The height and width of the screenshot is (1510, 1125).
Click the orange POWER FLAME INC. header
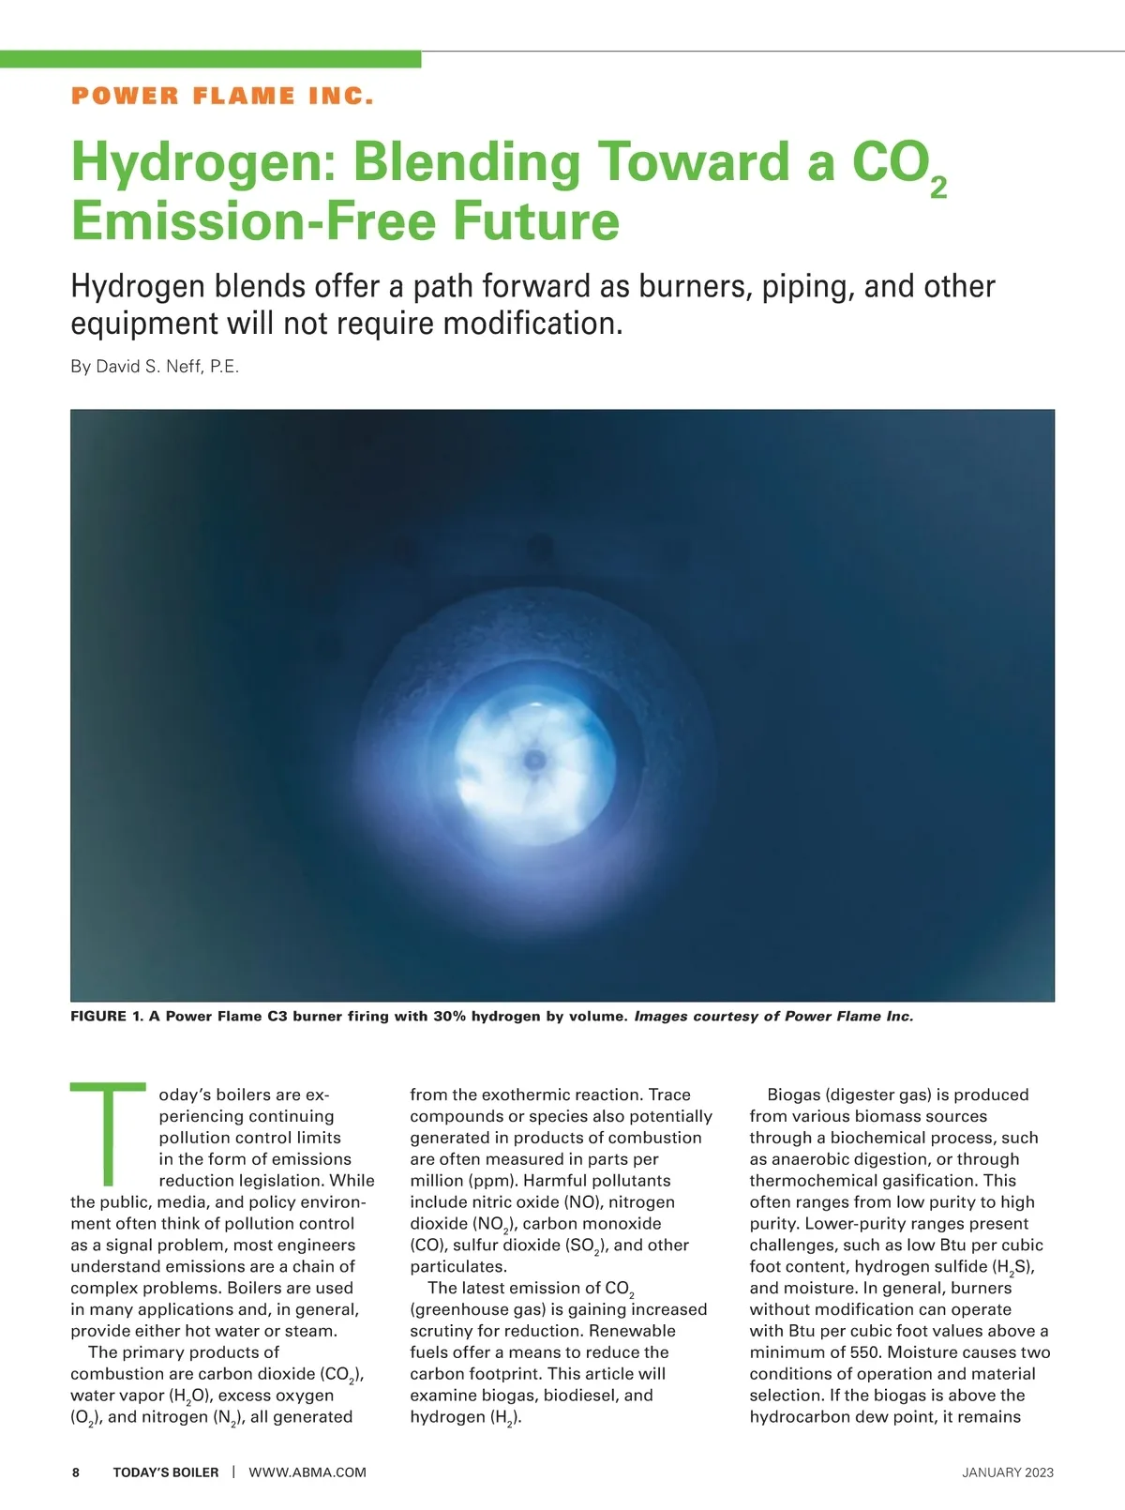[x=222, y=96]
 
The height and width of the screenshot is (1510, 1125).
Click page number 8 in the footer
[x=76, y=1472]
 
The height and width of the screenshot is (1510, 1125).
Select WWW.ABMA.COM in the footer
[x=307, y=1472]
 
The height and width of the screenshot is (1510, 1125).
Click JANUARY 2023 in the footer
[x=1008, y=1472]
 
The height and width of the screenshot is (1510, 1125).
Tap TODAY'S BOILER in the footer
[x=166, y=1472]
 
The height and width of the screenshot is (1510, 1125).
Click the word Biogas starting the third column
[x=793, y=1095]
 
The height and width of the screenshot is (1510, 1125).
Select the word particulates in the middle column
[x=457, y=1266]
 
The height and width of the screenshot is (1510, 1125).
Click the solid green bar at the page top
[x=210, y=59]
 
